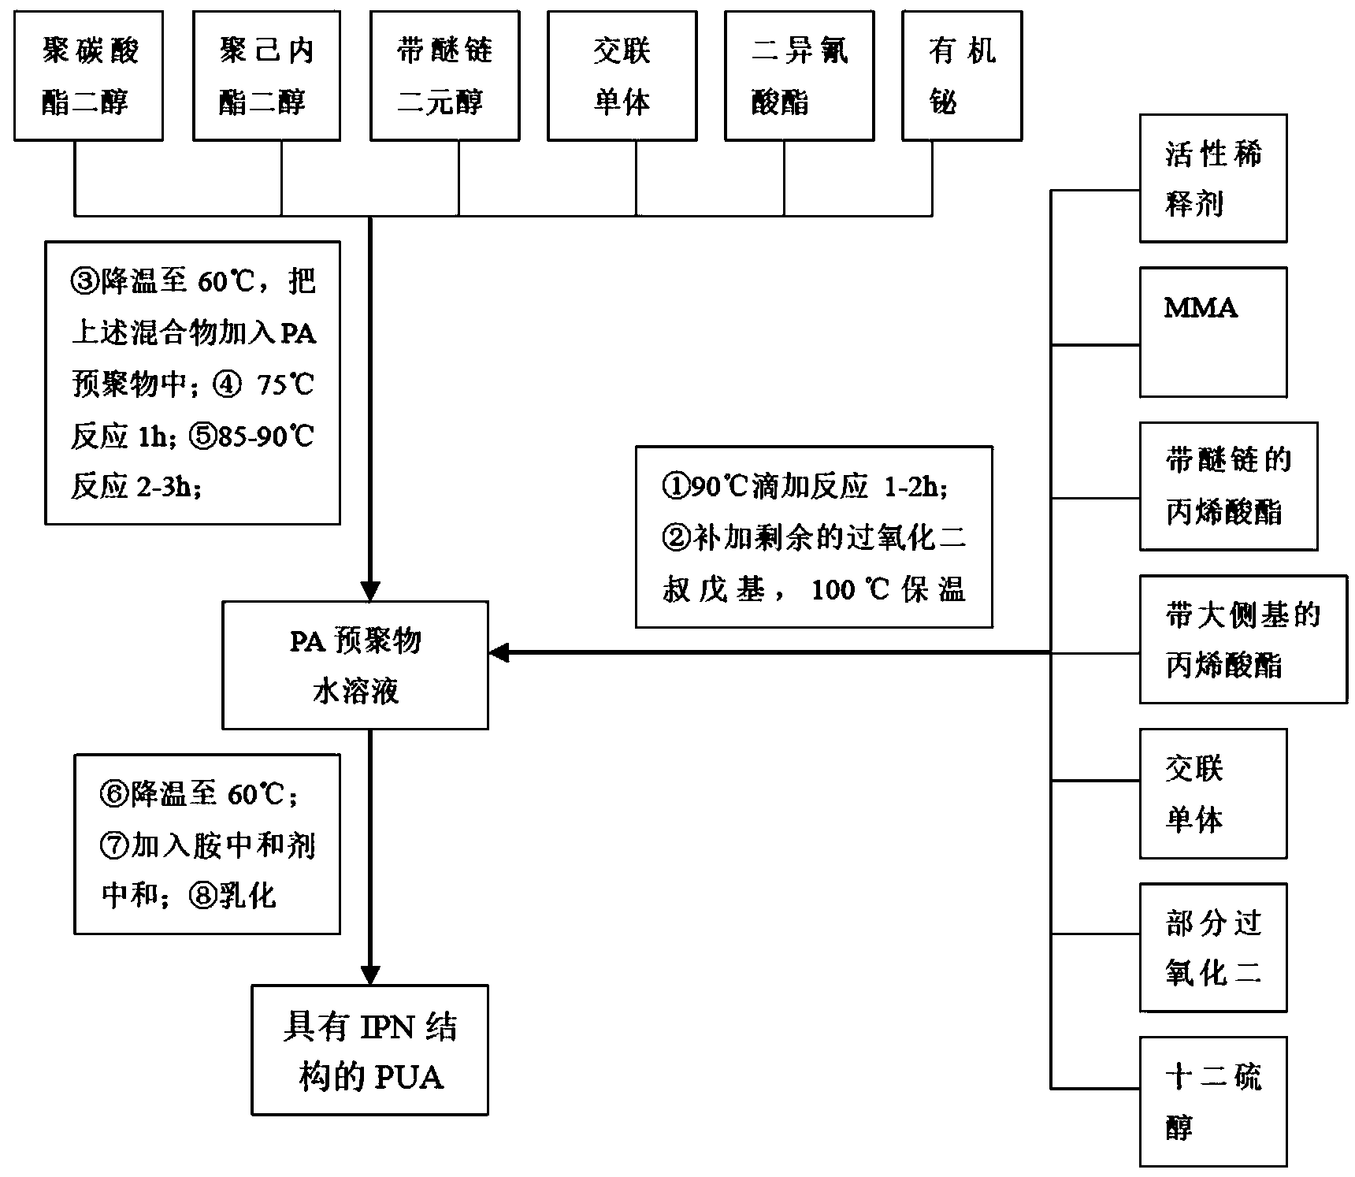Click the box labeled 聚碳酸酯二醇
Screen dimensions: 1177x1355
[x=88, y=76]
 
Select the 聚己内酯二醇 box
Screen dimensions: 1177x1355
[x=266, y=76]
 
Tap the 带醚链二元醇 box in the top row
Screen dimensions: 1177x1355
[x=444, y=76]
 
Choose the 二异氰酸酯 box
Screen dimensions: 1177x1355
[x=799, y=76]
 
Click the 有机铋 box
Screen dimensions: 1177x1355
[x=961, y=76]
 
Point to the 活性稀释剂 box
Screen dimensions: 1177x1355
[x=1212, y=178]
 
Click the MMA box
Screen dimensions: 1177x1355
[x=1212, y=332]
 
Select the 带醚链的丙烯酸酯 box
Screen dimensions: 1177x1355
[x=1227, y=486]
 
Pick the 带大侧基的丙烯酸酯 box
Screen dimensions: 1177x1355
[x=1242, y=639]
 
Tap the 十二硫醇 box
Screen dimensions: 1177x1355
[x=1212, y=1101]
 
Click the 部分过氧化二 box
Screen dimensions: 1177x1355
[x=1212, y=947]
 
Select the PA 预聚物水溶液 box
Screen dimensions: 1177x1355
[x=355, y=665]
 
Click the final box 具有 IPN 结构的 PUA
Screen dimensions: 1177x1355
[x=369, y=1049]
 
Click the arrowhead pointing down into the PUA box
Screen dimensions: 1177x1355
[x=369, y=975]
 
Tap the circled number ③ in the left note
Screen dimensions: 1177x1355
[x=84, y=281]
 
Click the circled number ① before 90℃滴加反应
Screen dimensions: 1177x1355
[x=674, y=487]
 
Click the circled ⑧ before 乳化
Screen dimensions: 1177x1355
[x=202, y=897]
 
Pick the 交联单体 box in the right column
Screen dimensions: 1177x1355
[x=1212, y=793]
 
